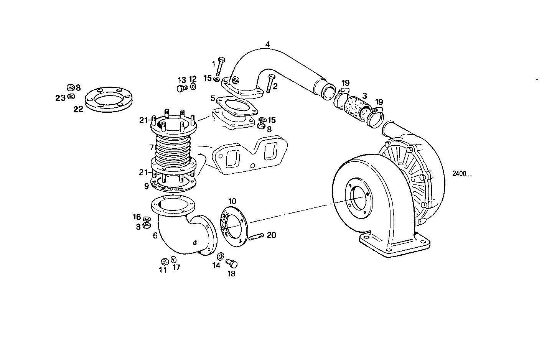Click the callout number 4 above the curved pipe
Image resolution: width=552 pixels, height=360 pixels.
pos(267,44)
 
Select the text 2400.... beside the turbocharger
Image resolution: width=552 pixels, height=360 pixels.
pos(462,174)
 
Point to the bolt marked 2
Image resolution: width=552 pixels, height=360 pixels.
pos(269,83)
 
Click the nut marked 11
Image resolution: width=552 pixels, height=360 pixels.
pos(164,261)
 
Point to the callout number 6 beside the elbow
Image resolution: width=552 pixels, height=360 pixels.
pos(155,235)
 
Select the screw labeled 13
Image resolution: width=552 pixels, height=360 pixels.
pos(181,89)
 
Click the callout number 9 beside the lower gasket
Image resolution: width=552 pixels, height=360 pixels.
pos(147,186)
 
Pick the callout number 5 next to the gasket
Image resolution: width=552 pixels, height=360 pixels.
pos(213,98)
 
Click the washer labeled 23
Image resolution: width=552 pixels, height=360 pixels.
pos(70,96)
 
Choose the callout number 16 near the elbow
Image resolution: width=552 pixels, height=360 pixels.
pos(137,217)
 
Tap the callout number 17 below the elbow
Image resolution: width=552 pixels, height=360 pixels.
pos(176,267)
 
